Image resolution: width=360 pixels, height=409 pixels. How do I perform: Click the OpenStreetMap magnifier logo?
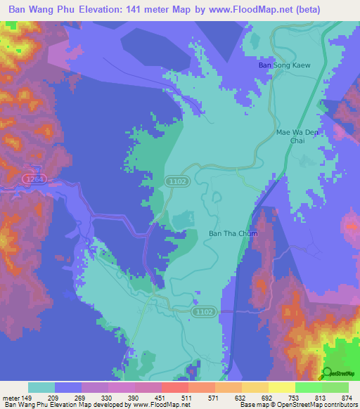click(x=328, y=373)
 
